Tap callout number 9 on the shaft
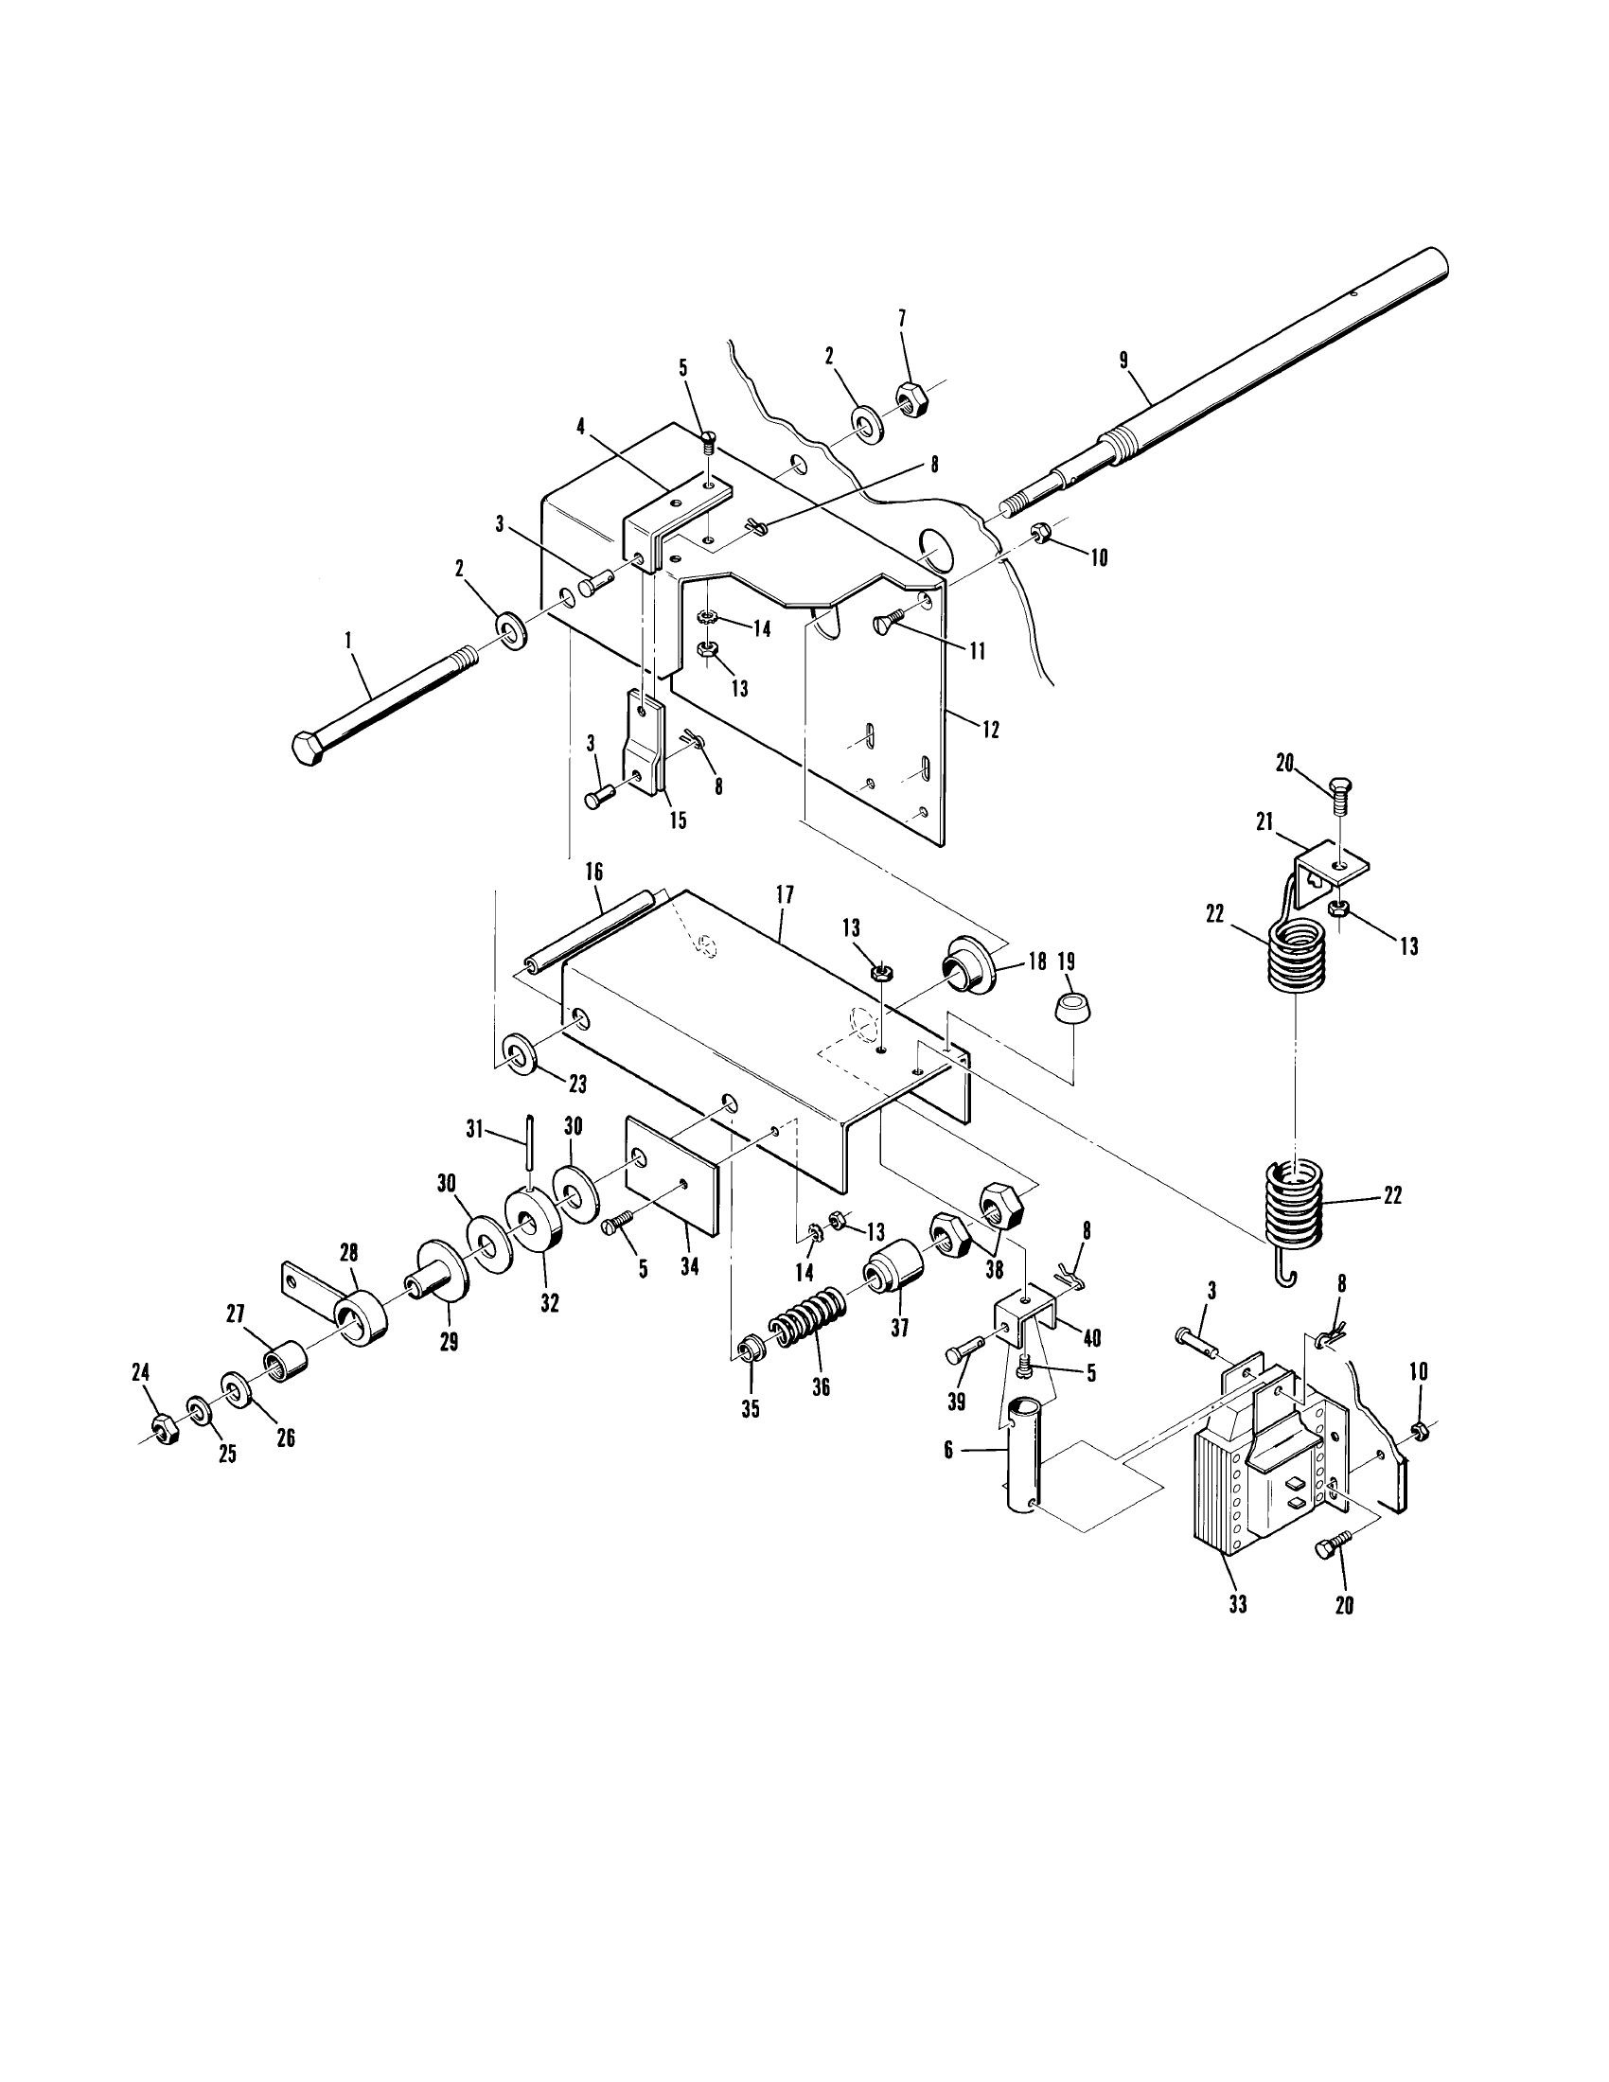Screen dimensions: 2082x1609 1123,361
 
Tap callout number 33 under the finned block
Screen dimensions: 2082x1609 1236,1604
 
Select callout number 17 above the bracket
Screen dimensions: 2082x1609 784,894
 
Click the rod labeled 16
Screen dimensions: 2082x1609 584,929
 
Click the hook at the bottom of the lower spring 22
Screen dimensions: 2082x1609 1286,1276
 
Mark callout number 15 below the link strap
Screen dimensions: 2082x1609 677,820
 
